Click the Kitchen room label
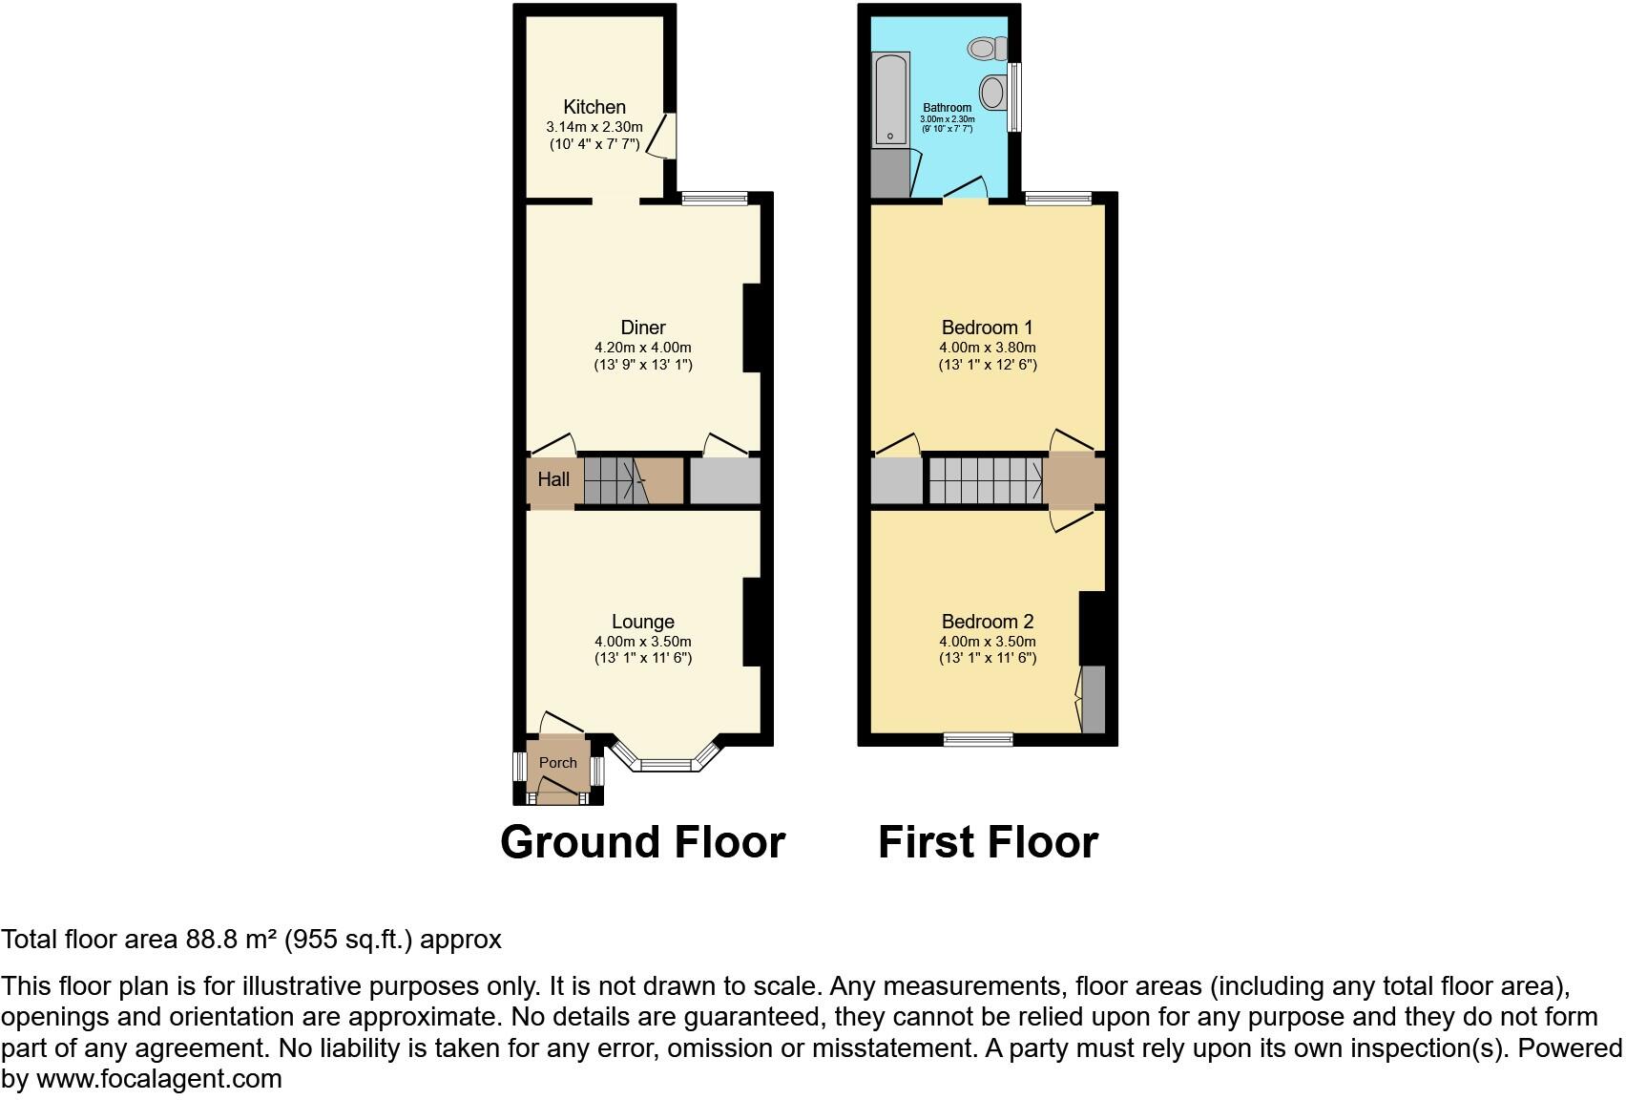[x=594, y=107]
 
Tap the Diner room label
[x=642, y=328]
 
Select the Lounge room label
[x=642, y=622]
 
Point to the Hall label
[x=553, y=479]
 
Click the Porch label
[x=558, y=763]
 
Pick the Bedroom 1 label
[x=987, y=328]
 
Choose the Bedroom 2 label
[x=987, y=622]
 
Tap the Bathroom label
[x=947, y=108]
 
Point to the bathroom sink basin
[x=993, y=93]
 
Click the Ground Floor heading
[x=642, y=842]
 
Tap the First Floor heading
[x=988, y=842]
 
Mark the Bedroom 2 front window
[x=978, y=738]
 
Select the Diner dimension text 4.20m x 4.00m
[x=642, y=348]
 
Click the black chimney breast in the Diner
[x=752, y=328]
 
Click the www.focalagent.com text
[x=159, y=1079]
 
